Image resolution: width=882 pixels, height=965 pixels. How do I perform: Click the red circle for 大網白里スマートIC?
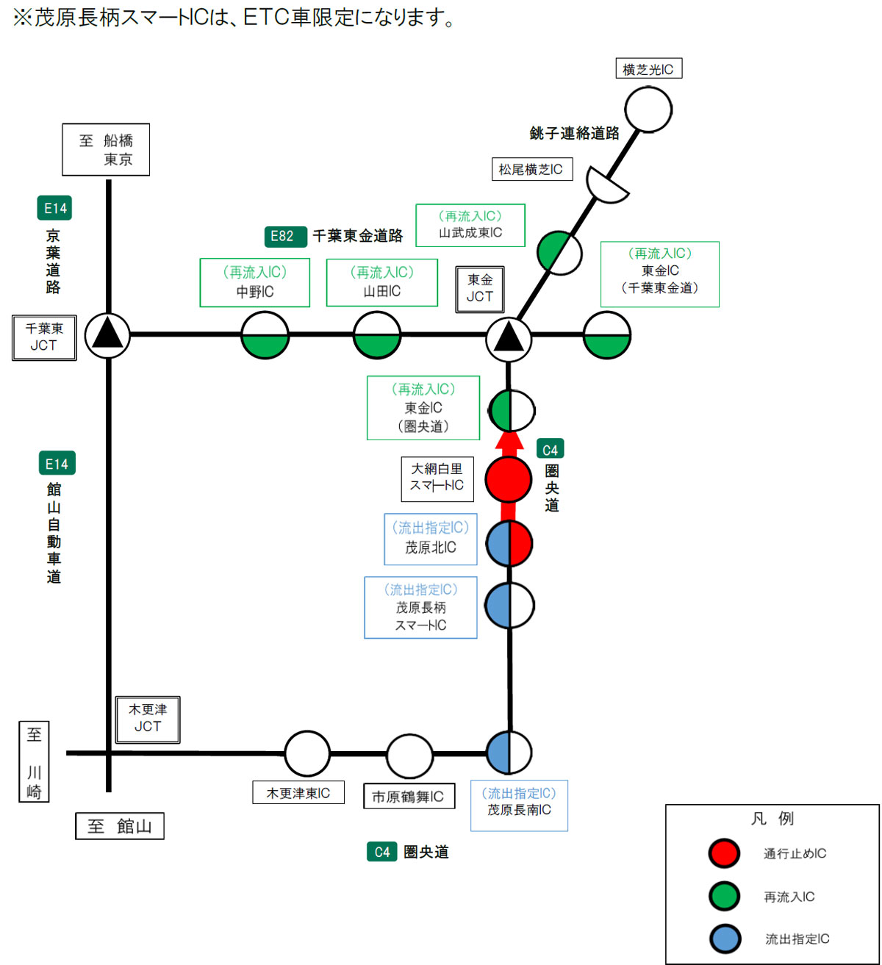click(x=509, y=479)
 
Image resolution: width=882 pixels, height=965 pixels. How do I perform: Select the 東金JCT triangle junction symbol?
click(x=509, y=339)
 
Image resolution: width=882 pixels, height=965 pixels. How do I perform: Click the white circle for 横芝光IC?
click(x=648, y=109)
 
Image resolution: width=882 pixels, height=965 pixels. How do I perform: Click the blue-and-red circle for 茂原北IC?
click(x=509, y=543)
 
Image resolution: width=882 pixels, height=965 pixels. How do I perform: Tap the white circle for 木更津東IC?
click(x=307, y=753)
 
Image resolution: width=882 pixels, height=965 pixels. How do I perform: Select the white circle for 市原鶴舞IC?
click(x=409, y=755)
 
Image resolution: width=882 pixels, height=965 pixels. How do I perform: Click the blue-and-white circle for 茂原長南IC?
click(x=509, y=752)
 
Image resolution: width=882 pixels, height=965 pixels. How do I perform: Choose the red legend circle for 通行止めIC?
click(x=724, y=853)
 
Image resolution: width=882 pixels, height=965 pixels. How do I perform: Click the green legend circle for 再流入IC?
click(x=724, y=896)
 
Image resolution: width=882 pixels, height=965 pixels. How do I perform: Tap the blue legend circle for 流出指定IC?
click(x=724, y=939)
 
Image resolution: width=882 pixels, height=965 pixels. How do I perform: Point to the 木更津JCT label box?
click(x=148, y=719)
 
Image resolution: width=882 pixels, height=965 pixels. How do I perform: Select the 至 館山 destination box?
click(x=120, y=826)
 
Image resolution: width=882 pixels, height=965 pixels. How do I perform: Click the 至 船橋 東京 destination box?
click(x=106, y=149)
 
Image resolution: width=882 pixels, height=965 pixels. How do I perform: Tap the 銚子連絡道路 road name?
click(x=574, y=133)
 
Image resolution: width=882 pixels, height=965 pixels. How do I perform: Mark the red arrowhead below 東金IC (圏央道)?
click(x=509, y=440)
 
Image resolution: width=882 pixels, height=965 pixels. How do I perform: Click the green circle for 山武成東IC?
click(x=559, y=252)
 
